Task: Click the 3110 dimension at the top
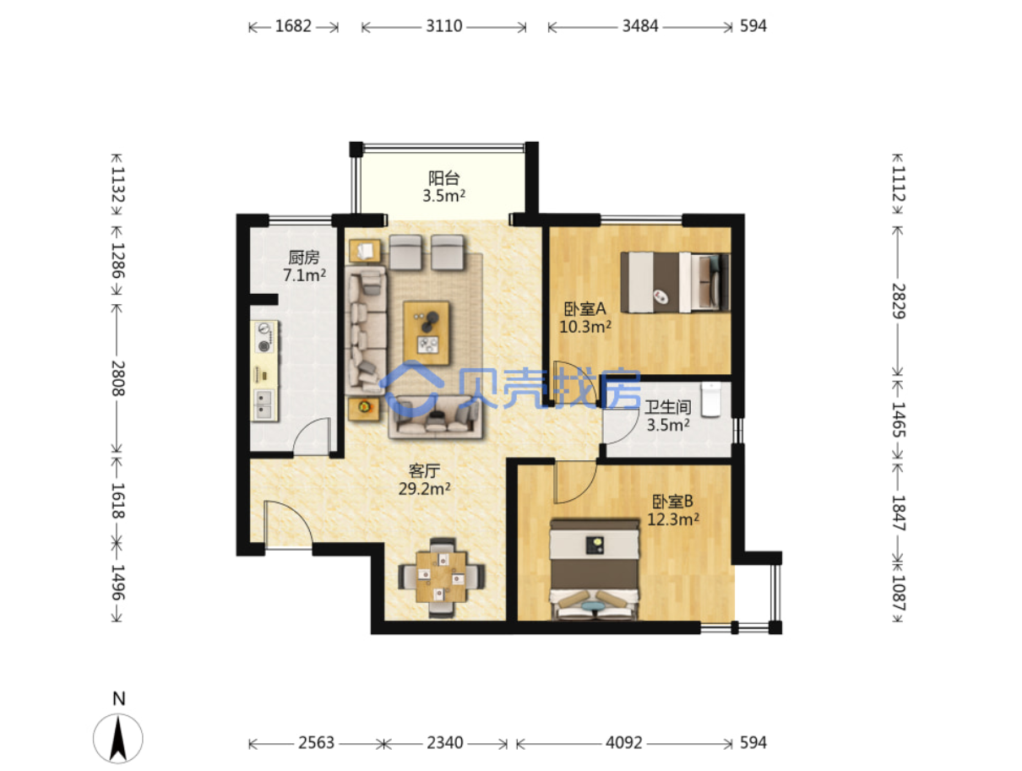pos(443,26)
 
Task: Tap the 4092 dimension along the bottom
pos(623,742)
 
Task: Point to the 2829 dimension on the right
pos(898,301)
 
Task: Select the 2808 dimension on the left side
pos(118,377)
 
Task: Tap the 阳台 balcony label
pos(443,177)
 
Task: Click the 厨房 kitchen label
pos(303,257)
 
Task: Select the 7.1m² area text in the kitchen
pos(304,275)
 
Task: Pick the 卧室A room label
pos(584,308)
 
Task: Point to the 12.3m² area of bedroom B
pos(673,519)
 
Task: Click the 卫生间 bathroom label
pos(667,407)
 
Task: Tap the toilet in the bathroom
pos(710,399)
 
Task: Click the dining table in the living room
pos(441,577)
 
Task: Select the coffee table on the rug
pos(426,333)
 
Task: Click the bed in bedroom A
pos(675,282)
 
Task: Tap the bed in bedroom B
pos(594,570)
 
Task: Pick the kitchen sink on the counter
pos(264,405)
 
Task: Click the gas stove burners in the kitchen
pos(265,337)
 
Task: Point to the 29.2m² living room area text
pos(424,489)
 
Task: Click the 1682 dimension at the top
pos(293,26)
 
